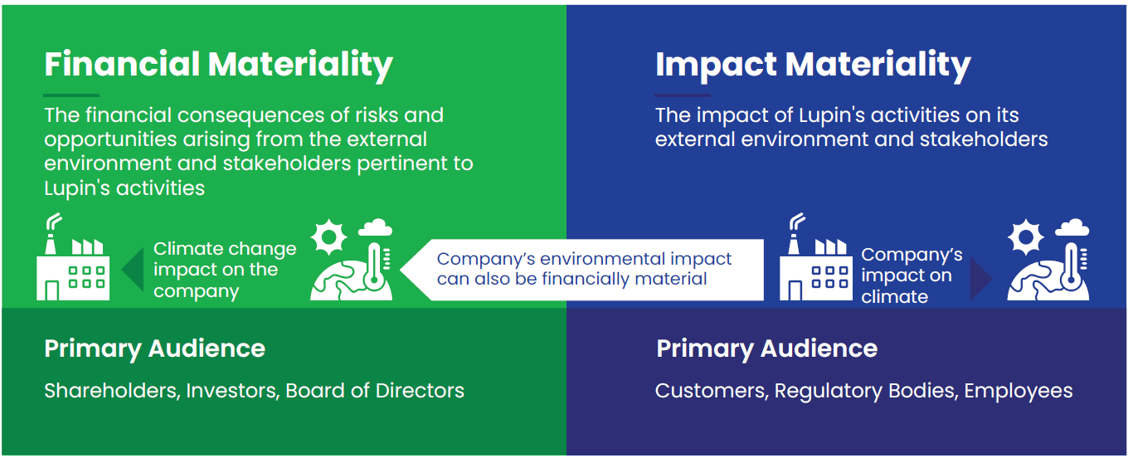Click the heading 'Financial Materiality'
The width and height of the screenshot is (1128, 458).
218,66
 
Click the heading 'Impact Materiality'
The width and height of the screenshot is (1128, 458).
813,66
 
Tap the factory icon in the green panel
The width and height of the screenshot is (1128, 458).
73,257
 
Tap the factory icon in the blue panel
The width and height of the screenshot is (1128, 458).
816,257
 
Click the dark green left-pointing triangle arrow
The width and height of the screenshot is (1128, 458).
133,269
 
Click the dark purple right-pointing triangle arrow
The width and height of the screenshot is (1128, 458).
981,279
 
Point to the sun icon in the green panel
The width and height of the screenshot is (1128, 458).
328,236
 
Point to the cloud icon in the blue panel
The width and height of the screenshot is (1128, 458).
1072,227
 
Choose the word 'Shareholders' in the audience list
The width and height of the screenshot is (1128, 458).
112,391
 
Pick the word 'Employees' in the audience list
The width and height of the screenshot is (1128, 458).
1019,392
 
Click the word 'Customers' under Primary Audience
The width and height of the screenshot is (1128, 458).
712,391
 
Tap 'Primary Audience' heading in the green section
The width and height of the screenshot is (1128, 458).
154,348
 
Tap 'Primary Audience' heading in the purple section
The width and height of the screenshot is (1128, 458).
766,348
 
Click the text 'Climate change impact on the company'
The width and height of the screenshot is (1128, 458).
225,270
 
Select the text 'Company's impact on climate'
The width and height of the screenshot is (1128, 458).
912,275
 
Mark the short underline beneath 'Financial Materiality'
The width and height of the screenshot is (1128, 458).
71,95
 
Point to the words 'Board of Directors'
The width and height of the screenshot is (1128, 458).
375,391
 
